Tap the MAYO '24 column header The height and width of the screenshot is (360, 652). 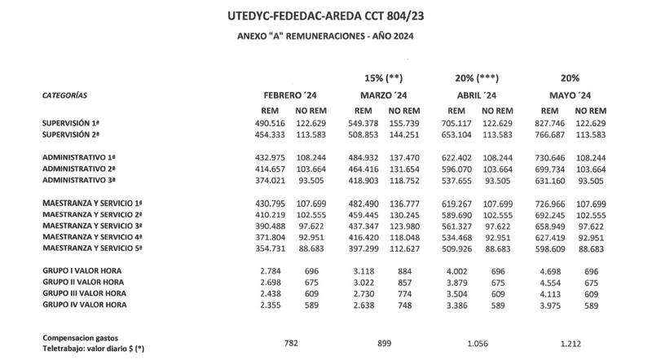tap(570, 95)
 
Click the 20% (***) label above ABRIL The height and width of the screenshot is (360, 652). tap(478, 78)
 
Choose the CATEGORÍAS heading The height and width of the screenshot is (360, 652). tap(64, 95)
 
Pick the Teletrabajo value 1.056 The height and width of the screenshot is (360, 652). tap(478, 343)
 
